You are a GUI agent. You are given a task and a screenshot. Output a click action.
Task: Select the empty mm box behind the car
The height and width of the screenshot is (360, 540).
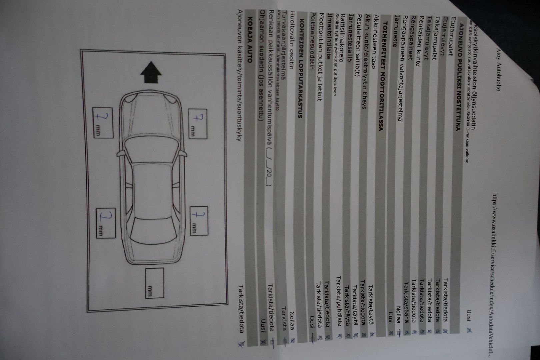pyautogui.click(x=154, y=283)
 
